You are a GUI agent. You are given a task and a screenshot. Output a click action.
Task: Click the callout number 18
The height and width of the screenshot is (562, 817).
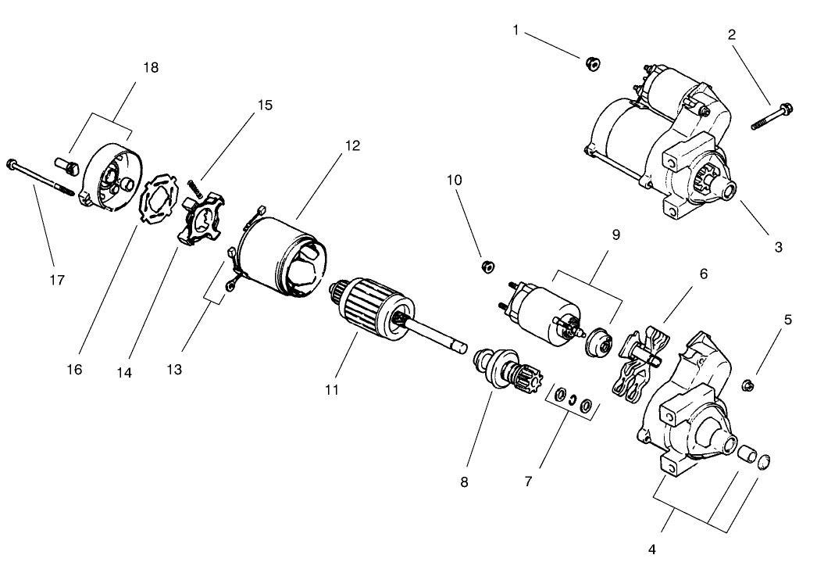(x=150, y=68)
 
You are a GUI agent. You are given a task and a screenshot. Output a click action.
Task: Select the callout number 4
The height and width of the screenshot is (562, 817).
(x=652, y=548)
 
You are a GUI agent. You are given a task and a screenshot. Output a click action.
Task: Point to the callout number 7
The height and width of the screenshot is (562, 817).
(x=528, y=481)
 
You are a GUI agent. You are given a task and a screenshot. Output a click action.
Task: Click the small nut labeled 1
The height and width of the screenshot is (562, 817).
(x=592, y=63)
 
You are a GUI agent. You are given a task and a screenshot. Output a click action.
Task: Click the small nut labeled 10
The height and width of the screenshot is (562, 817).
(x=487, y=267)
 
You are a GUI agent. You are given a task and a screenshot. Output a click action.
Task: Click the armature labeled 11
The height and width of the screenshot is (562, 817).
(x=371, y=313)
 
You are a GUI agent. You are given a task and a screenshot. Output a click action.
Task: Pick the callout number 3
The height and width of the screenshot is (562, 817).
(x=778, y=247)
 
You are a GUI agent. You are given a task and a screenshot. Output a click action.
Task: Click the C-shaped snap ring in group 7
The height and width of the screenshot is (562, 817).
(x=573, y=401)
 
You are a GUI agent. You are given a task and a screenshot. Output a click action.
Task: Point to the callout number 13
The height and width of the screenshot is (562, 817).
(x=174, y=368)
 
